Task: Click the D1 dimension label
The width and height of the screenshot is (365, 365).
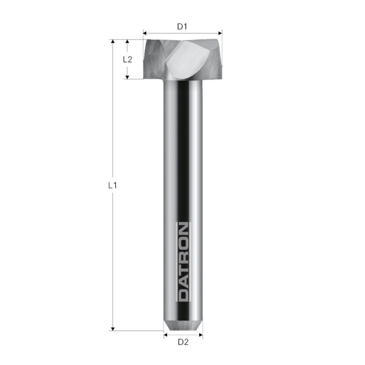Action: point(182,26)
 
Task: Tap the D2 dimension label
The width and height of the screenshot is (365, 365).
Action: point(182,343)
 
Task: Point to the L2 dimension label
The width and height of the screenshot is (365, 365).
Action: point(127,59)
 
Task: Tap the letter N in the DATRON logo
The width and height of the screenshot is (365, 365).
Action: point(183,230)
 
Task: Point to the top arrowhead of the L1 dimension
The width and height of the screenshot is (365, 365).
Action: point(112,42)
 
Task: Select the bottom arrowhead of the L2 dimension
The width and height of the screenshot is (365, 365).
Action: point(127,76)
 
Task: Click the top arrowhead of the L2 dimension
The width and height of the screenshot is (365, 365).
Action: point(127,42)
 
